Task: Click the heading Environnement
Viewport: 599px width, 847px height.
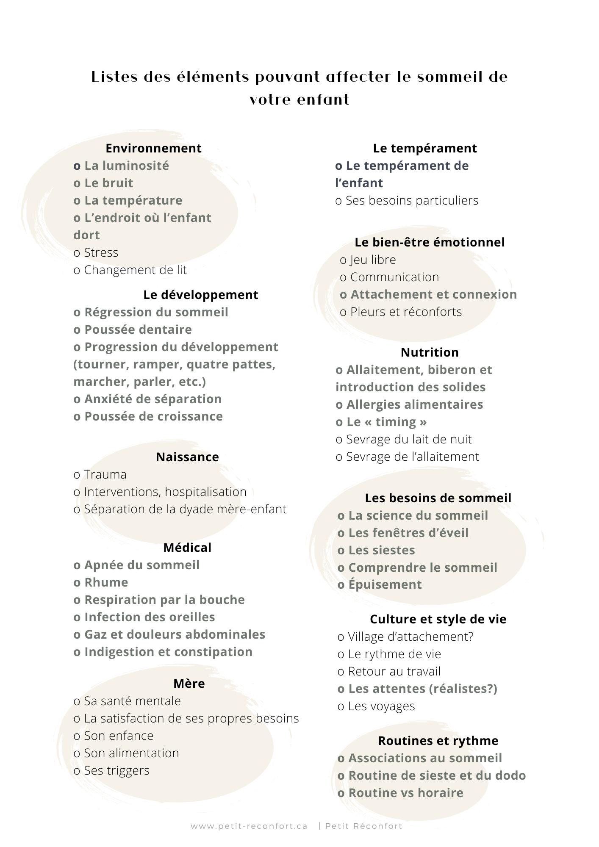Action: tap(153, 148)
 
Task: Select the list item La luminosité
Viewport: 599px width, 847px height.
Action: tap(126, 166)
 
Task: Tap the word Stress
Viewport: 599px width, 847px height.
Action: tap(101, 252)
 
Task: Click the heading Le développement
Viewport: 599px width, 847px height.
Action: tap(200, 295)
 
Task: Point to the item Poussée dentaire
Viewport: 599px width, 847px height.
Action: tap(138, 329)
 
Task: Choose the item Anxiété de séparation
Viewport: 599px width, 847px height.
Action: tap(153, 399)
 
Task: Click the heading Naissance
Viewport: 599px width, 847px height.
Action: tap(187, 457)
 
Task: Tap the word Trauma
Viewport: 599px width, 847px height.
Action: tap(105, 474)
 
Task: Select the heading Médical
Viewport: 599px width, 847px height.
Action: tap(187, 548)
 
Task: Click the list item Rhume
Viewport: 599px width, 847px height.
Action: tap(106, 582)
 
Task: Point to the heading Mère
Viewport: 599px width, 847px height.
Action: tap(189, 684)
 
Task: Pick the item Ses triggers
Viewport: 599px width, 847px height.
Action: tap(116, 770)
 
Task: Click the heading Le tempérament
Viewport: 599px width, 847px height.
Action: tap(425, 148)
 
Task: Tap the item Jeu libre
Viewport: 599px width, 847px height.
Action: tap(373, 260)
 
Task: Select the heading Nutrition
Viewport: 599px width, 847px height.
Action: tap(430, 352)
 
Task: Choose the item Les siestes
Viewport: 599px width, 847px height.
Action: tap(381, 550)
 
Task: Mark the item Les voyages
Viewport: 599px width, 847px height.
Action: tap(381, 706)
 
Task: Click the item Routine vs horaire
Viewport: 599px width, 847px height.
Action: tap(405, 793)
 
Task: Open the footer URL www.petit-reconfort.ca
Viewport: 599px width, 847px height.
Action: tap(249, 826)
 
